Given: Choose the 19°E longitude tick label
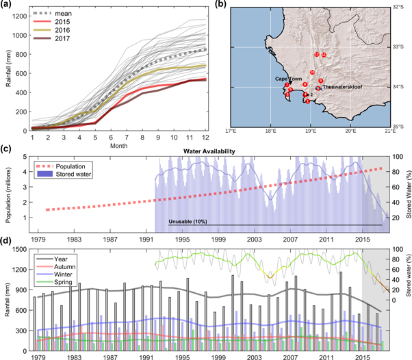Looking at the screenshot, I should coord(311,130).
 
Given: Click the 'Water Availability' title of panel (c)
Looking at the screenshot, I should coord(209,151).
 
